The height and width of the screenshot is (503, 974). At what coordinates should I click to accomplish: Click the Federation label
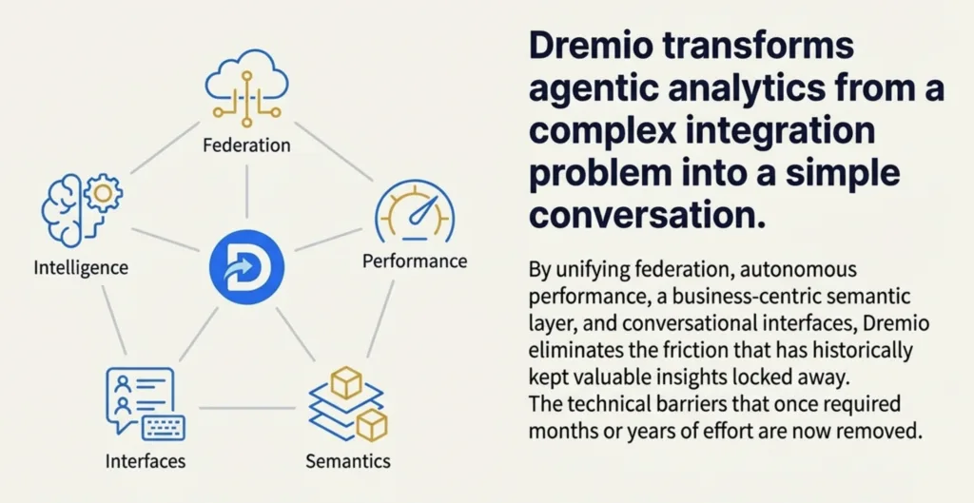[246, 145]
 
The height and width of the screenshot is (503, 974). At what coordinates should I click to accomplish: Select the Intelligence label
[80, 268]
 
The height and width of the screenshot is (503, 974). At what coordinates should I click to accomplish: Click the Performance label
[415, 260]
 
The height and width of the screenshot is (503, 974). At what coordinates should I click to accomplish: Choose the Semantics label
[348, 461]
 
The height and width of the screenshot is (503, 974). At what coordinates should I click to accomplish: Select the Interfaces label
[145, 462]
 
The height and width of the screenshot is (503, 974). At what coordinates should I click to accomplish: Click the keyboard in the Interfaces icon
[164, 427]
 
